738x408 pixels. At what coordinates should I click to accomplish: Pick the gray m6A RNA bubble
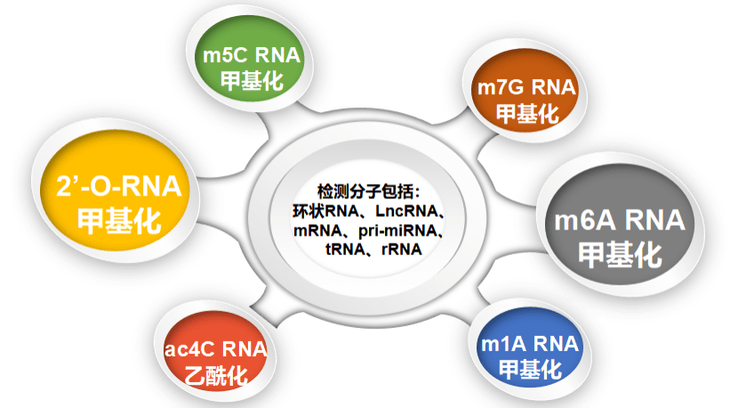[620, 225]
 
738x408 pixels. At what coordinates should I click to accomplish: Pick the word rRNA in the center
[402, 249]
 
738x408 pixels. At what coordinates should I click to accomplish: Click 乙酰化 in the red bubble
[216, 375]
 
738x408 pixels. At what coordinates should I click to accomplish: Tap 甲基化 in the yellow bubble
[119, 220]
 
